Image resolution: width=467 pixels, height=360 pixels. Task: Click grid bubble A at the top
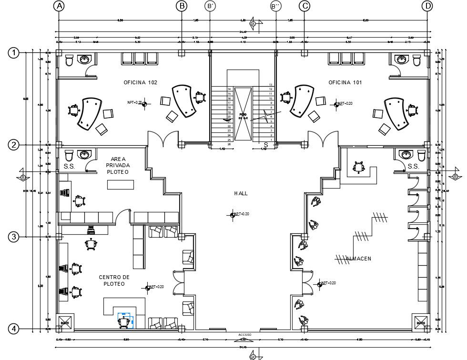59,6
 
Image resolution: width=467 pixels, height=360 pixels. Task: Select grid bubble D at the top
427,6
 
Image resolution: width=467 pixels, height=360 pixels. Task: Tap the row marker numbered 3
14,237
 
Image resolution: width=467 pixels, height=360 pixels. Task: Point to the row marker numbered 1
14,53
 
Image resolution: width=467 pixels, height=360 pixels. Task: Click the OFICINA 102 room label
140,83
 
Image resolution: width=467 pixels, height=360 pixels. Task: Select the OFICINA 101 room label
345,83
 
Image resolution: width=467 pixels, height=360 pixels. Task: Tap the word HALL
241,193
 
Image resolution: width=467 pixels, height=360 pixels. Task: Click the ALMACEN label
358,259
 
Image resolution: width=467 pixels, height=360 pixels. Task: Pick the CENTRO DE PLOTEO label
114,280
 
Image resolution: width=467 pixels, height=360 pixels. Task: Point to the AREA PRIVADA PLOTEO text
117,165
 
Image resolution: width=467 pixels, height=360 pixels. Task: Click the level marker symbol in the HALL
233,215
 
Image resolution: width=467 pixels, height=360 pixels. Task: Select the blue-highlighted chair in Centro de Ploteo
125,321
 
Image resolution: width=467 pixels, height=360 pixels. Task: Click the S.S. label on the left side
69,167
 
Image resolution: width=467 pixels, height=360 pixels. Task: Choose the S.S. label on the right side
413,167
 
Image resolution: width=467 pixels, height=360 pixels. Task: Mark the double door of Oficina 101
324,139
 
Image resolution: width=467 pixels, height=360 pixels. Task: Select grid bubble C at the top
305,6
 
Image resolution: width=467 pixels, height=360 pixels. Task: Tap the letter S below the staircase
266,144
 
